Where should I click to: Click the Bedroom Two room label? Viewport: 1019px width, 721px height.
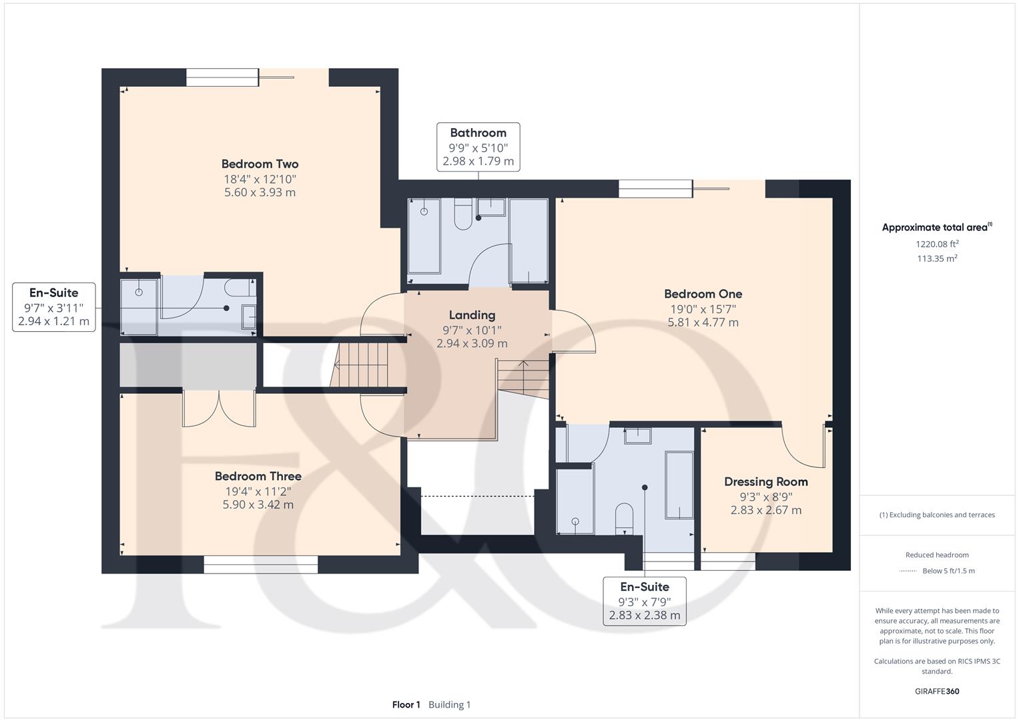(260, 164)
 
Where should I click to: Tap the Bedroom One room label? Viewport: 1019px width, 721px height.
(703, 294)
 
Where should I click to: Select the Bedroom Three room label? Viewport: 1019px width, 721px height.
(258, 476)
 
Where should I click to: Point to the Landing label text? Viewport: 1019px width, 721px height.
(472, 315)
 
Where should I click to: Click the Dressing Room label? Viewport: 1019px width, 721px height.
(766, 481)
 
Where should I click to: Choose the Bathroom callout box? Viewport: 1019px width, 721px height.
(478, 147)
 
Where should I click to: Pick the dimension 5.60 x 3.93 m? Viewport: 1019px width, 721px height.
(260, 192)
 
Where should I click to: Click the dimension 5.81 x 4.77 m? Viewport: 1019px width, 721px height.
(703, 322)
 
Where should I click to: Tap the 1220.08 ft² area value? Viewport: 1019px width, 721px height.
(937, 244)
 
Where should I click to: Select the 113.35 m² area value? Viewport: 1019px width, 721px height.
(937, 258)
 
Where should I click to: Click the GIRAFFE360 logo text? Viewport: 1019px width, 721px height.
(937, 691)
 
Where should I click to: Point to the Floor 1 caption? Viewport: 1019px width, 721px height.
(406, 704)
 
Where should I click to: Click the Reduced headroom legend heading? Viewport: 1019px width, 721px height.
(937, 555)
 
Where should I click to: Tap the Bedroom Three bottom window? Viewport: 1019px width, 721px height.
(261, 564)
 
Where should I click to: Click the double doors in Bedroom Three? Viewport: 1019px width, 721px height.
(220, 409)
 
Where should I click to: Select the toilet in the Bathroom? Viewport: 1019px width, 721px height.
(463, 214)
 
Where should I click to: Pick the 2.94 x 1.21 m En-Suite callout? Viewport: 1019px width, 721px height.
(53, 307)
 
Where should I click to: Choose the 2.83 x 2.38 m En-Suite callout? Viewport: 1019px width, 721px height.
(645, 602)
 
